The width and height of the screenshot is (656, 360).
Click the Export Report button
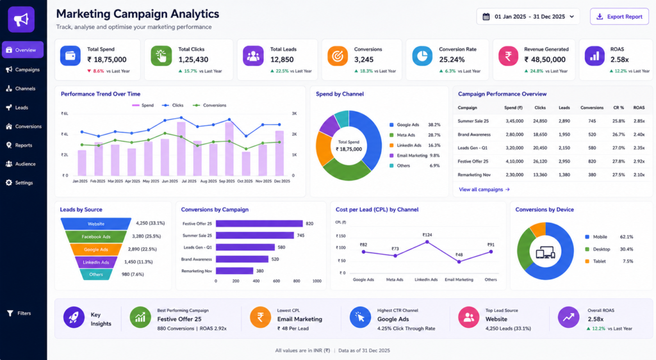pyautogui.click(x=619, y=17)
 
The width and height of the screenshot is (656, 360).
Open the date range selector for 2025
pyautogui.click(x=528, y=17)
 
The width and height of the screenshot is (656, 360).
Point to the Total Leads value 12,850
pyautogui.click(x=282, y=60)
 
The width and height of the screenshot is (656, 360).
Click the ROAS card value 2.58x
pyautogui.click(x=619, y=60)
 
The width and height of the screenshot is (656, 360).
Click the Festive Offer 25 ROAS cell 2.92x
pyautogui.click(x=639, y=161)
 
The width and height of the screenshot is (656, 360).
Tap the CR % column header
pyautogui.click(x=618, y=108)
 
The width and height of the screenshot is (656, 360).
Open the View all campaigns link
pyautogui.click(x=484, y=190)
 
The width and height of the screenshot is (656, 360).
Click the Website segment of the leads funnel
pyautogui.click(x=96, y=224)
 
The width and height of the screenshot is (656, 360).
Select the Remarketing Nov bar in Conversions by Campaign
pyautogui.click(x=234, y=271)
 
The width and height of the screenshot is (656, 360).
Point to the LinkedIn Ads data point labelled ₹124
pyautogui.click(x=427, y=241)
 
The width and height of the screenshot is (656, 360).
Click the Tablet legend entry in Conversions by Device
pyautogui.click(x=596, y=261)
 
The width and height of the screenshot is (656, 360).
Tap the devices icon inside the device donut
pyautogui.click(x=545, y=252)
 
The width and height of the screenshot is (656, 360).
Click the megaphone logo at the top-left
pyautogui.click(x=21, y=19)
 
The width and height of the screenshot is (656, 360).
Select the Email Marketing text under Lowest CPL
pyautogui.click(x=300, y=319)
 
